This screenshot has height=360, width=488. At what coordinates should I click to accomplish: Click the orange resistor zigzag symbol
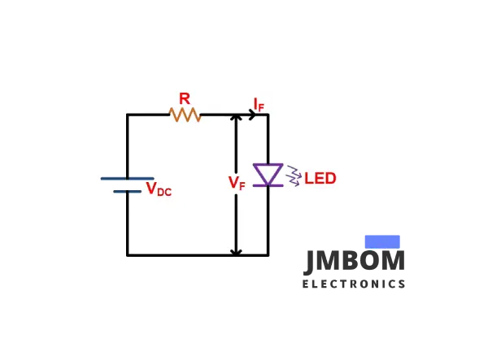click(185, 115)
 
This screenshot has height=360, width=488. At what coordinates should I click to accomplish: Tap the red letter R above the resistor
click(185, 98)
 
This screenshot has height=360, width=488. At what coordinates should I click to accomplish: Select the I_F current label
click(258, 103)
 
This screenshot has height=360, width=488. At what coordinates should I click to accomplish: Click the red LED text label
click(320, 178)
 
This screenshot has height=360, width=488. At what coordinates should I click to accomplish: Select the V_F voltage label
click(236, 184)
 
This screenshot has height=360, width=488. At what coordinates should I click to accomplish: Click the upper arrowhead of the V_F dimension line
click(236, 119)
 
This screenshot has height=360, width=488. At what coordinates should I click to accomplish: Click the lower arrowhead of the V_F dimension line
click(236, 250)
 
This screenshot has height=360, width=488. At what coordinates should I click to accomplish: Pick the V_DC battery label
click(159, 189)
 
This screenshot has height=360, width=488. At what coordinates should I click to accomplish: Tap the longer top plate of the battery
click(127, 178)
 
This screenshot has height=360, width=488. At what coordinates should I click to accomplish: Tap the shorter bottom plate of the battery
click(127, 192)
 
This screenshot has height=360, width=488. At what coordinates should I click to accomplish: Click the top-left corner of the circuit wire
click(128, 115)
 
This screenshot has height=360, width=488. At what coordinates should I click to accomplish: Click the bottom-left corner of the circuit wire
click(128, 254)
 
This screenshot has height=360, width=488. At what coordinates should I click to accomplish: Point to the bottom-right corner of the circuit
click(268, 254)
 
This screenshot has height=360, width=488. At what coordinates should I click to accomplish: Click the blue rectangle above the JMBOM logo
click(382, 241)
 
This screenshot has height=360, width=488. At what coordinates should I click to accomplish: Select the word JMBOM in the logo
click(355, 262)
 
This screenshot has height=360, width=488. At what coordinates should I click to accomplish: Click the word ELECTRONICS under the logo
click(354, 284)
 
